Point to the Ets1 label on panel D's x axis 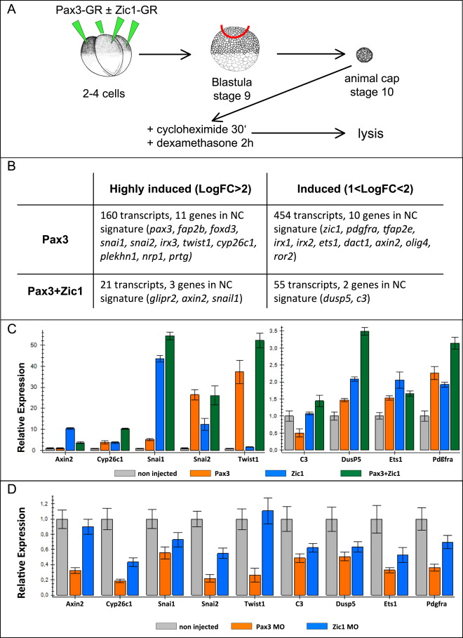pyautogui.click(x=390, y=606)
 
